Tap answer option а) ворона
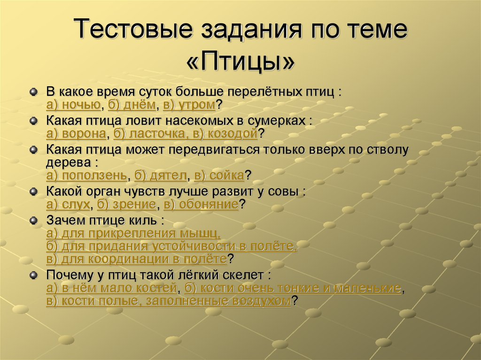click(76, 134)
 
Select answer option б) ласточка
click(150, 134)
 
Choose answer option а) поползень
click(86, 176)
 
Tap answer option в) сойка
click(219, 176)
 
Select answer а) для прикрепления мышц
click(133, 233)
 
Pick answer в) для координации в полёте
click(137, 259)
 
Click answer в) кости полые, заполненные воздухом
click(169, 301)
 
